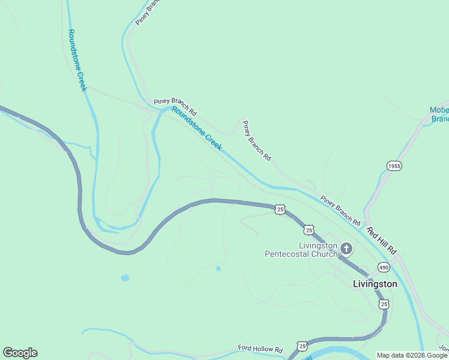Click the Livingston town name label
(x=375, y=284)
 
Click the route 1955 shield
(x=394, y=166)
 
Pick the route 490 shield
(x=384, y=267)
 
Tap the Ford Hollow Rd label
(x=260, y=349)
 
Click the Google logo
(x=20, y=353)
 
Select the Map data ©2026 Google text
(x=412, y=355)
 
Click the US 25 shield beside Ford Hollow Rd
(x=302, y=346)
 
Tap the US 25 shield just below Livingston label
(x=384, y=304)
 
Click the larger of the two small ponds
(x=125, y=278)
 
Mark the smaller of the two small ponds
(x=218, y=268)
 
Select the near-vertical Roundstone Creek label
(x=77, y=60)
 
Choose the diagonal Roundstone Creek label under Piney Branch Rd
(x=196, y=128)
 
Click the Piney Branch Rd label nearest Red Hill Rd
(x=340, y=207)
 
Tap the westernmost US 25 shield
(x=280, y=209)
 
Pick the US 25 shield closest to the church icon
(x=309, y=230)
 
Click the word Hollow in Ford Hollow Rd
(x=262, y=349)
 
